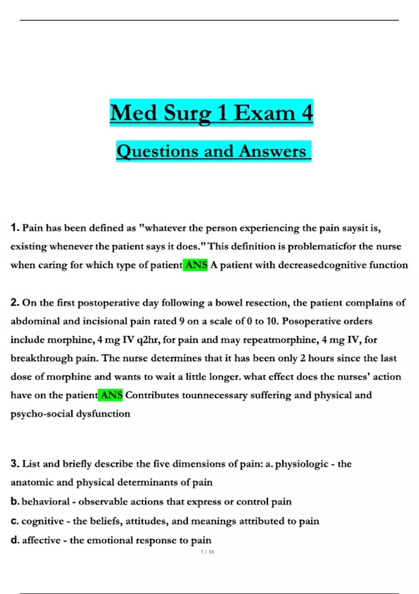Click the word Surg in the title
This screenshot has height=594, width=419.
(x=188, y=113)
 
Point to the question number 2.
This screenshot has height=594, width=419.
(x=15, y=303)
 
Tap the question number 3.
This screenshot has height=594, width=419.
(x=15, y=464)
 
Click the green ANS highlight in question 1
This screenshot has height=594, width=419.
(x=195, y=265)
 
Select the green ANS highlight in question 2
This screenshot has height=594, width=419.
(x=110, y=395)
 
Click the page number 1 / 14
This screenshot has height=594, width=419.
(x=208, y=552)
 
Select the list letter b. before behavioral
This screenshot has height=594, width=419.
(x=15, y=501)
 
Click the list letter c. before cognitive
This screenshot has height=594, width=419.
(x=15, y=521)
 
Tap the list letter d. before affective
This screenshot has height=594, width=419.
(x=15, y=540)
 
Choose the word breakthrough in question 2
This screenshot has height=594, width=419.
(x=42, y=358)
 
